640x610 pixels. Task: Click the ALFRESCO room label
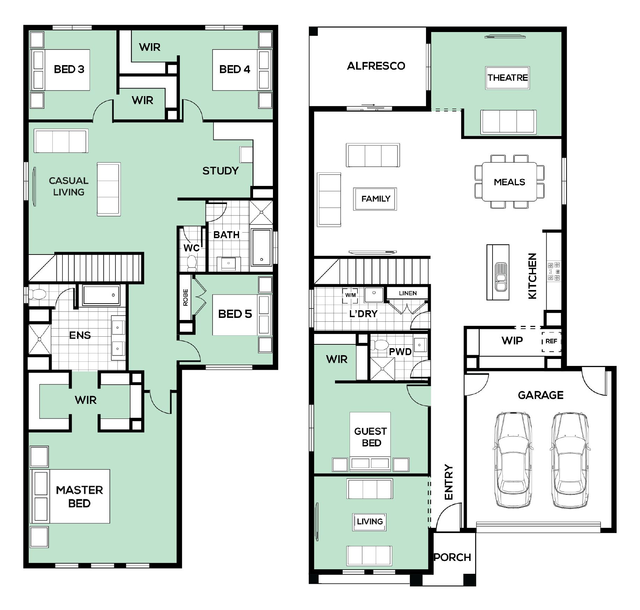pos(376,66)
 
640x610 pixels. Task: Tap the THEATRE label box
pos(508,78)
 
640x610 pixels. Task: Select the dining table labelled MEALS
pos(509,182)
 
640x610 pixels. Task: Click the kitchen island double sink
pos(501,277)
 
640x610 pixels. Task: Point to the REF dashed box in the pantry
pos(551,341)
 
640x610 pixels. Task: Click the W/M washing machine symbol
pos(350,295)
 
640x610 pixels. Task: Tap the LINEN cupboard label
pos(408,293)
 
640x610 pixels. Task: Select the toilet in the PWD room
pos(379,345)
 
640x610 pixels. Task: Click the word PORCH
pos(452,557)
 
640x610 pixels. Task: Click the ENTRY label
pos(449,482)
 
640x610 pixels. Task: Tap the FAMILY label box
pos(375,199)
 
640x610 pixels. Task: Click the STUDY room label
pos(221,171)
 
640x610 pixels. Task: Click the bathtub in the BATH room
pos(261,247)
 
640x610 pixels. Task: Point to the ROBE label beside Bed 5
pos(185,297)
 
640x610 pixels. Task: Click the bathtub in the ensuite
pos(101,295)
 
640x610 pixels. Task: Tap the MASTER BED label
pos(79,496)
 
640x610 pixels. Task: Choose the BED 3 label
pos(69,69)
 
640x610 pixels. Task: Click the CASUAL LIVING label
pos(69,186)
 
